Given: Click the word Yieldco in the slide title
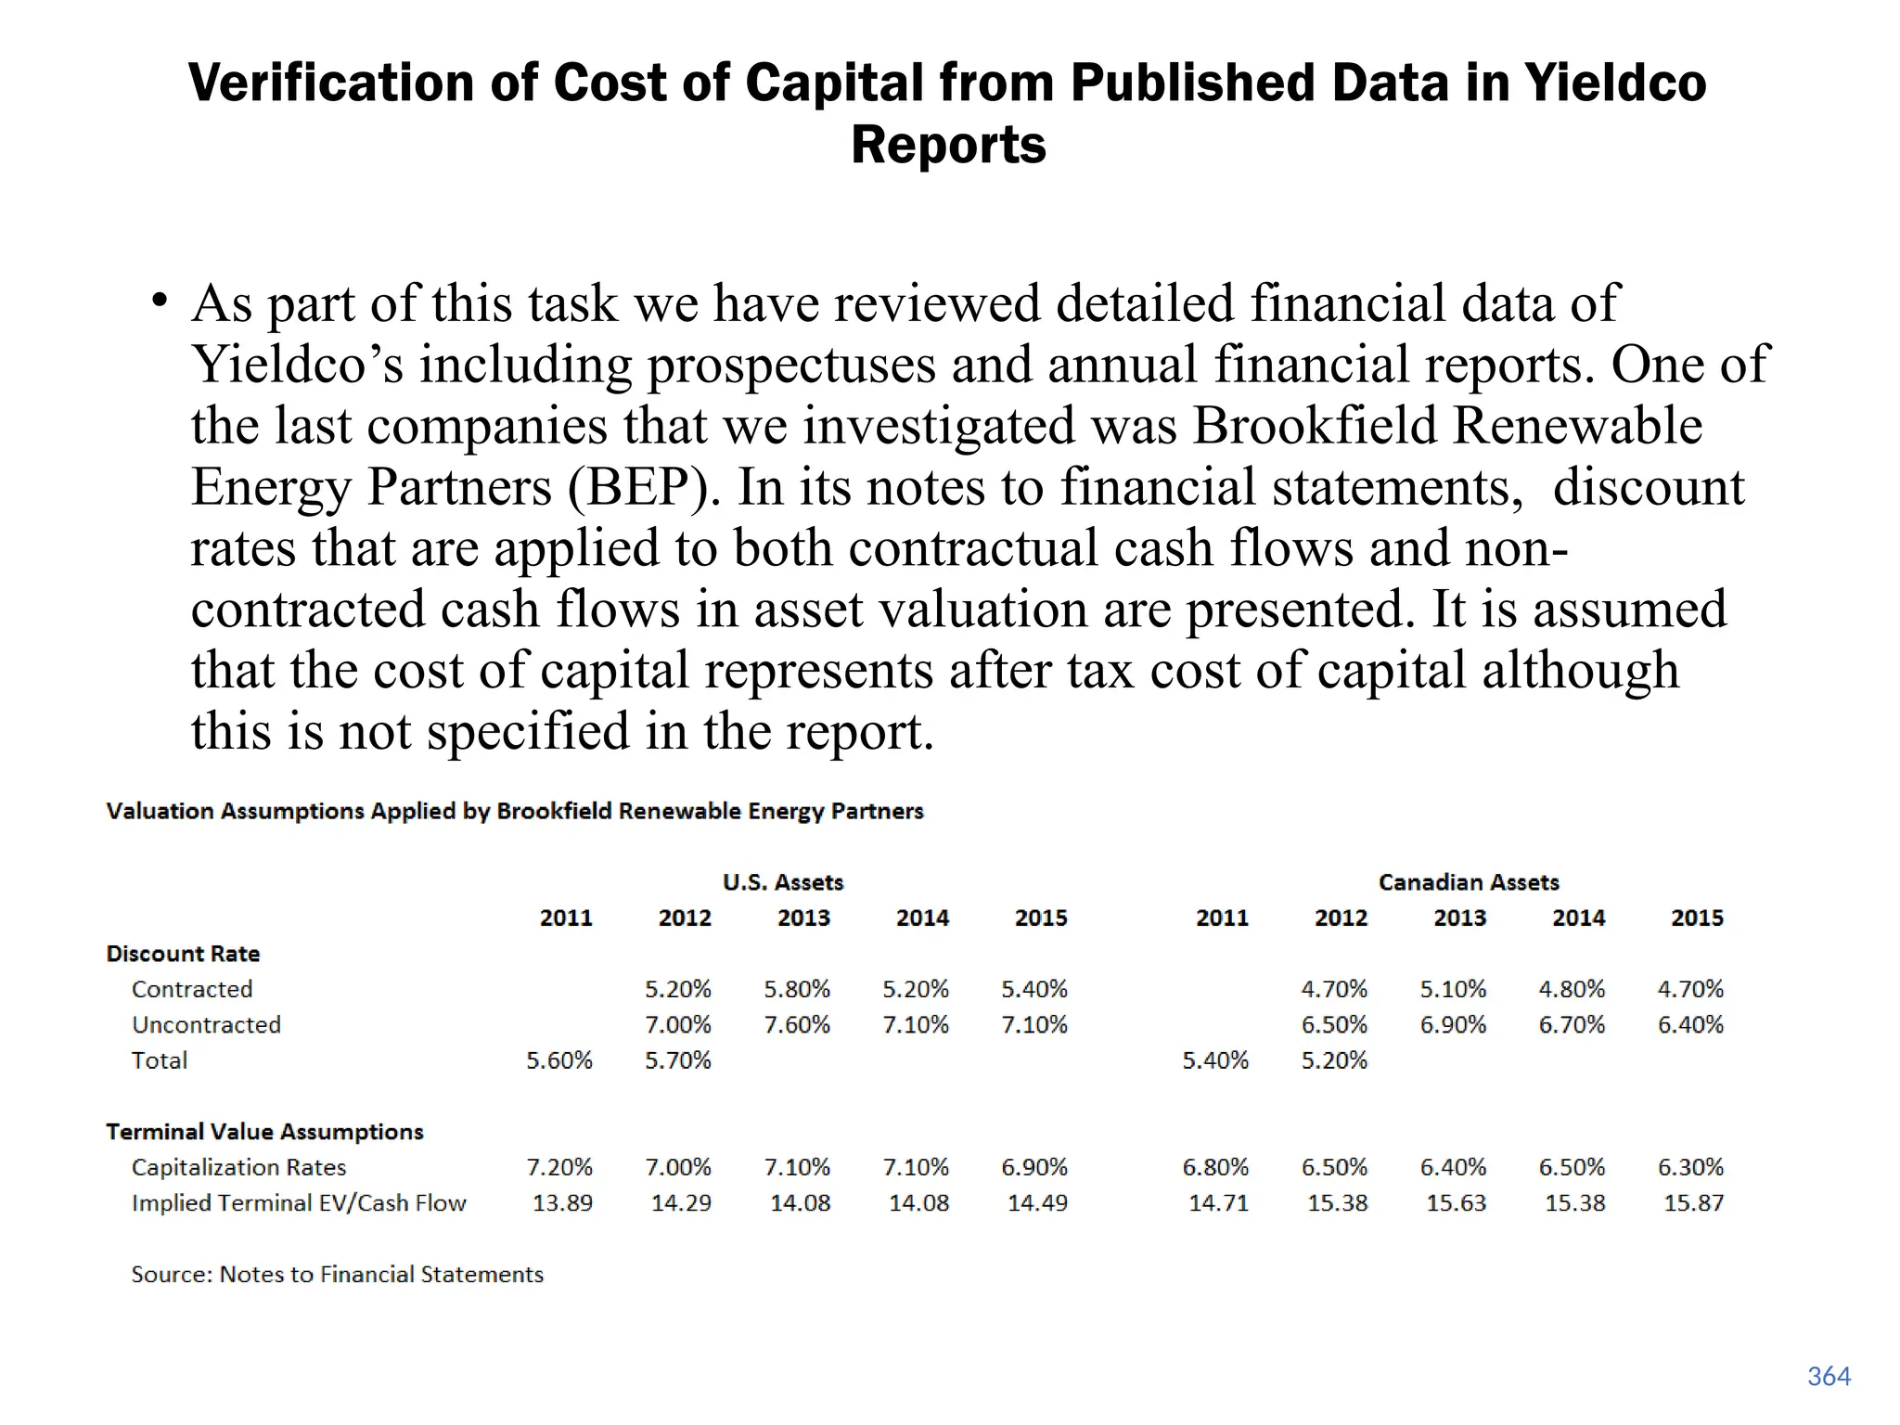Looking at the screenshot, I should (1615, 83).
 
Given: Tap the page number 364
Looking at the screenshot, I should (1829, 1376).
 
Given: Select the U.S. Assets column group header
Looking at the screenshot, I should (783, 882).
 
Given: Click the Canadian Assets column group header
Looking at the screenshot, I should (1469, 882).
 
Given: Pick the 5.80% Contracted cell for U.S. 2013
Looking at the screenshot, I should (797, 989).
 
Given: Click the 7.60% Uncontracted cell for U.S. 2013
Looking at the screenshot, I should (797, 1025).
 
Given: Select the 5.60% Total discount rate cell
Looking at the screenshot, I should (559, 1060).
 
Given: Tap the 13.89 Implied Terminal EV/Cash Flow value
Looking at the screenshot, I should (562, 1203).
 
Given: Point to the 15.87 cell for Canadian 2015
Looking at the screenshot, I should (1693, 1203).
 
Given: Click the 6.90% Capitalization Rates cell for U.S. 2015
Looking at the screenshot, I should (1034, 1167).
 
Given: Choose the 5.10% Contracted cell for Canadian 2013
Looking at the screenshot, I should (1453, 989).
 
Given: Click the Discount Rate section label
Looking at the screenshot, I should (183, 954).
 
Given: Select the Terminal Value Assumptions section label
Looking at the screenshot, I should (264, 1132).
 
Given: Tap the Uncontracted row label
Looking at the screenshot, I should (206, 1025).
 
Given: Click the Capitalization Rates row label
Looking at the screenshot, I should (238, 1167).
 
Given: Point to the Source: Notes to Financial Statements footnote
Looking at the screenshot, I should (337, 1275).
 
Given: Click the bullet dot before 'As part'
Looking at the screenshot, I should (160, 301).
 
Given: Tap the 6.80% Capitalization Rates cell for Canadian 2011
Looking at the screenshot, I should (1215, 1167).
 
